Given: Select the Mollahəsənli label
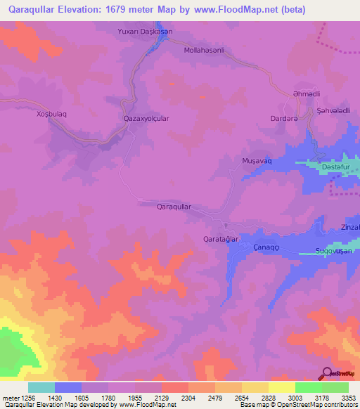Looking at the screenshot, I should (x=203, y=51).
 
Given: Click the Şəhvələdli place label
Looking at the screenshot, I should (x=333, y=111).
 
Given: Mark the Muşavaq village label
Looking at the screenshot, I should (x=256, y=161).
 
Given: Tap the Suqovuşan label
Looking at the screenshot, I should (x=333, y=251).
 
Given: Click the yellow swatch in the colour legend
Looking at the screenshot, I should (x=281, y=387).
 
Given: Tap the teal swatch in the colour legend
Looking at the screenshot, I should (x=41, y=387).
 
